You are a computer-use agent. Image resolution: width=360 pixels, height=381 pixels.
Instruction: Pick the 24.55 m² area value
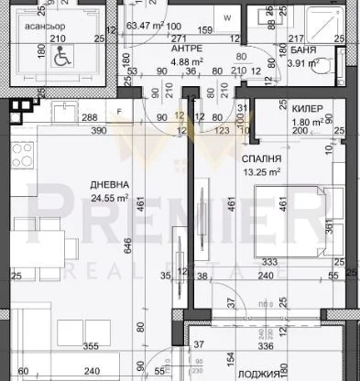pyautogui.click(x=108, y=196)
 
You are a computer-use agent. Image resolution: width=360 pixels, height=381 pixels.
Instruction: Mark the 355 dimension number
pyautogui.click(x=89, y=347)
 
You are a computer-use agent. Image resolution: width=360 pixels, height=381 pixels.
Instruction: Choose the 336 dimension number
pyautogui.click(x=265, y=347)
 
